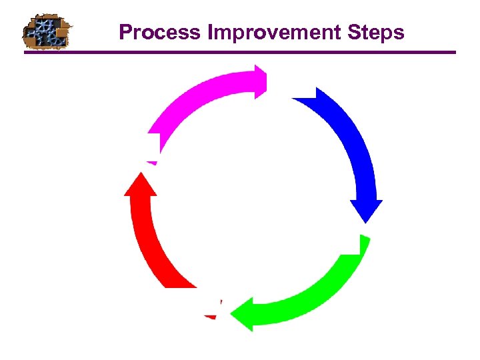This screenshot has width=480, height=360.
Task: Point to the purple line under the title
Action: click(240, 52)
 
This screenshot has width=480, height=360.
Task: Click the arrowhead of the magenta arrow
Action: click(260, 81)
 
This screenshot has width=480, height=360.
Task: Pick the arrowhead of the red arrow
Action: click(140, 184)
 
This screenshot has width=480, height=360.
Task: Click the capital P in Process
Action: click(125, 32)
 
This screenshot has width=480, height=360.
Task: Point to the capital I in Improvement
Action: click(211, 32)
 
